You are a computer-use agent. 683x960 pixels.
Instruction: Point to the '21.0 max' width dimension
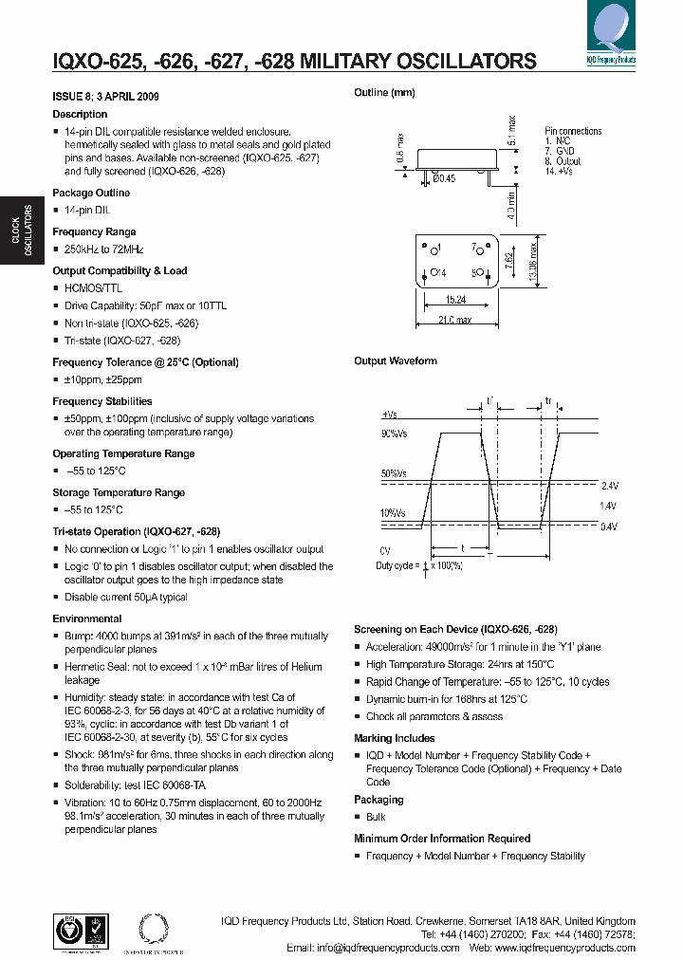(456, 320)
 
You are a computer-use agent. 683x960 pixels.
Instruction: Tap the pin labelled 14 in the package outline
(437, 273)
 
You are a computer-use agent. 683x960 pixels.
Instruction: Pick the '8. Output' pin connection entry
(563, 161)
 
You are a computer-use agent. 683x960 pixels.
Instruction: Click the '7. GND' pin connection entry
(561, 151)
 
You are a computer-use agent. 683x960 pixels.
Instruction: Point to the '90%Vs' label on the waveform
(396, 434)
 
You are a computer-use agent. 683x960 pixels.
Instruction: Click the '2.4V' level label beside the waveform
(608, 485)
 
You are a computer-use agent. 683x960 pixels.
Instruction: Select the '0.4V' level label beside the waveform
(608, 526)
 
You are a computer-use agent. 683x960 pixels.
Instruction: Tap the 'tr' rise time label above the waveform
(548, 402)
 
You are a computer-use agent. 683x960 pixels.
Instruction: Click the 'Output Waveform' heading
(396, 360)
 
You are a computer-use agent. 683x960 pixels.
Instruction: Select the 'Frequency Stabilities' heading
(102, 401)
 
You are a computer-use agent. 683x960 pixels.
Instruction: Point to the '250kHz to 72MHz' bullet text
(104, 249)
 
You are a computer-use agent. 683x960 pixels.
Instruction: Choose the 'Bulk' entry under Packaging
(377, 817)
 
